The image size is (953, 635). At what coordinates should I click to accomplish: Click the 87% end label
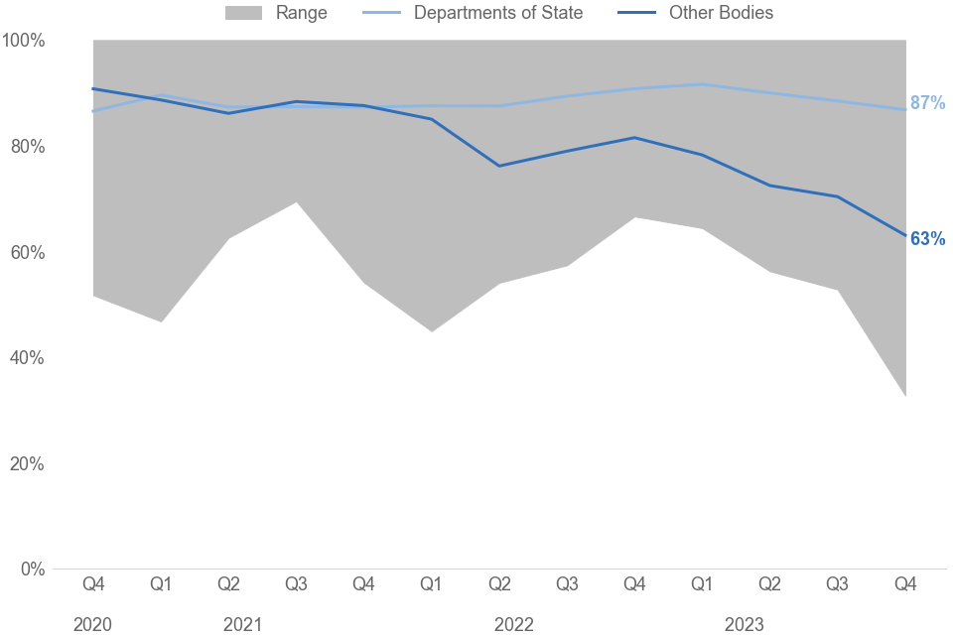[927, 103]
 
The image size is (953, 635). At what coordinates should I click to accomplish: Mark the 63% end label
[927, 239]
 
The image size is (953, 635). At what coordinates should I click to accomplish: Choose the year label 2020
[92, 624]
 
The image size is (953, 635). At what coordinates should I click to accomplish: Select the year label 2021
[242, 624]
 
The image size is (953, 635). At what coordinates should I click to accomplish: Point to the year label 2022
[513, 624]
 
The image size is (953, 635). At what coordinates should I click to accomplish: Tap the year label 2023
[744, 624]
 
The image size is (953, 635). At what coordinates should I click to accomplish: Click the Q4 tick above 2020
[93, 585]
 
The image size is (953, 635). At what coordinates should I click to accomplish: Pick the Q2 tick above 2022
[499, 585]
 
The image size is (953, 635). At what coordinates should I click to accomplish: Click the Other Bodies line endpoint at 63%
[904, 236]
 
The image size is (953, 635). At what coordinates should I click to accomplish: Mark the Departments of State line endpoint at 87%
[904, 109]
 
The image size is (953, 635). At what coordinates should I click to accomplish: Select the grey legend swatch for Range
[244, 13]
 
